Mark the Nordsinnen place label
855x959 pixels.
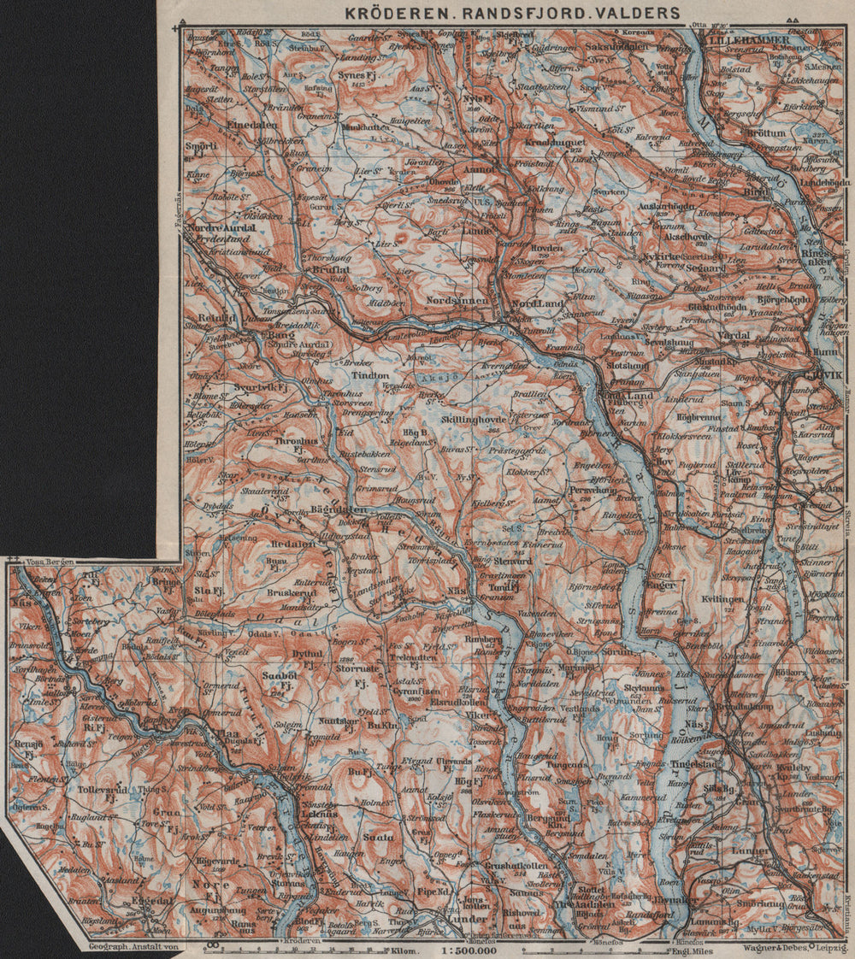coord(459,301)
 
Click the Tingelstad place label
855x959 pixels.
coord(694,765)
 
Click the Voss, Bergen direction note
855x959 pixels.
coord(50,562)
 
